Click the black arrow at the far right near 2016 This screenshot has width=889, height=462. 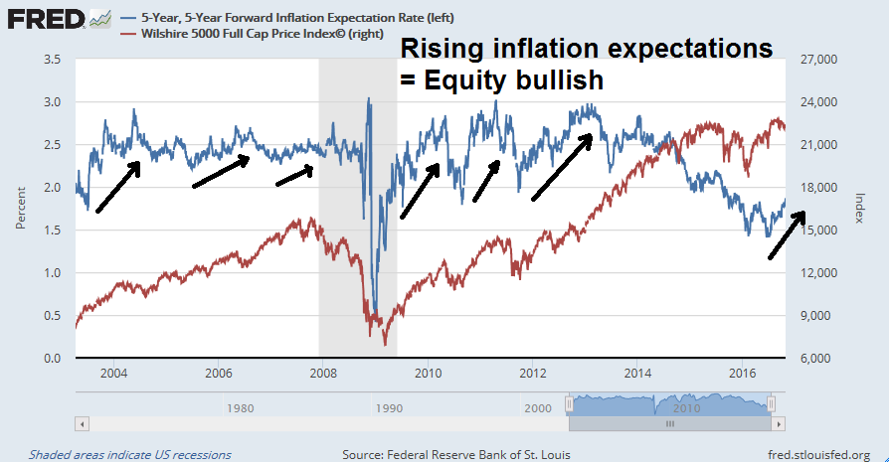786,236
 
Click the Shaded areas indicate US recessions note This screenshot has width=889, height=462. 130,454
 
